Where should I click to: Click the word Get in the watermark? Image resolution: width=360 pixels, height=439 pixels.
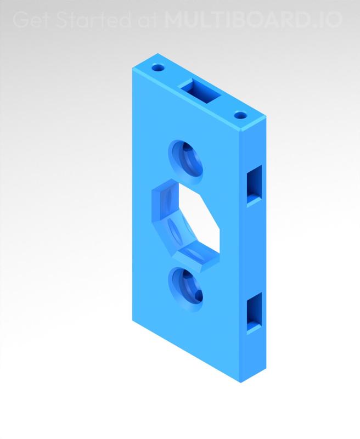29,20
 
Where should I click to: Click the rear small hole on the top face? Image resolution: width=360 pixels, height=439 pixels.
159,69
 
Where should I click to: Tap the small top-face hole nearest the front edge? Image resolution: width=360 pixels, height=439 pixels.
240,116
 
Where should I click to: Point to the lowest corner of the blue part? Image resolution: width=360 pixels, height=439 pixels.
242,382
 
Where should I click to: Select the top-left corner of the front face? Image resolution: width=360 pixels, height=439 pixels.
132,70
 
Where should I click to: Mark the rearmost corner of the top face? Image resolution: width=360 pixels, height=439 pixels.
158,54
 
